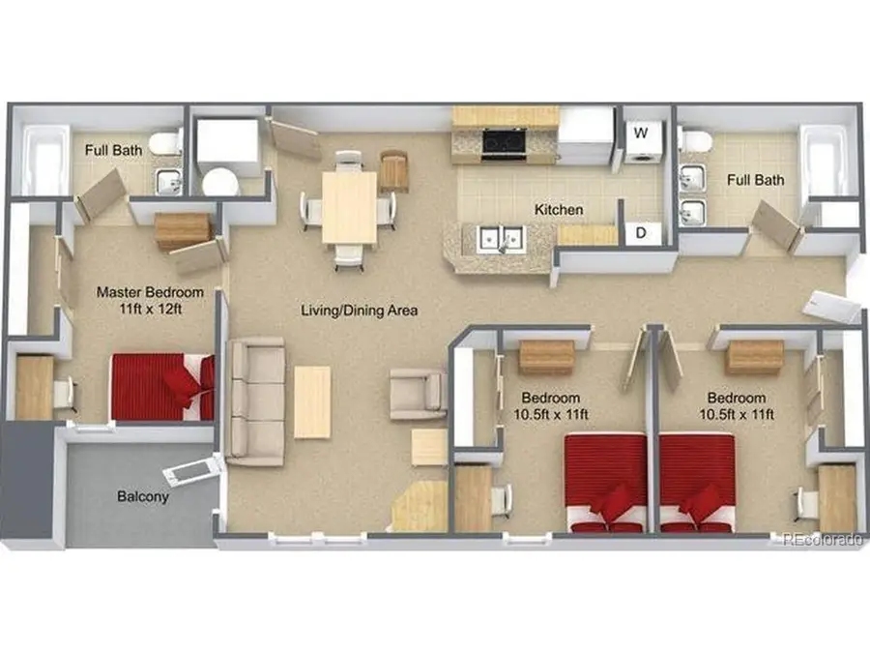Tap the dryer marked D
click(x=642, y=233)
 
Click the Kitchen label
click(x=559, y=210)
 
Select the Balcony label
click(x=143, y=496)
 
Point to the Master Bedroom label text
click(x=150, y=300)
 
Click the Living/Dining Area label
click(x=359, y=311)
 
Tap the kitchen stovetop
click(x=504, y=144)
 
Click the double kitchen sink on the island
click(x=502, y=239)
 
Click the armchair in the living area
click(x=419, y=394)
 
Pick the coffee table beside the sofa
click(x=312, y=402)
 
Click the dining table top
click(x=350, y=208)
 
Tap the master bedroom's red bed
click(x=162, y=386)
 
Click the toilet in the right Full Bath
click(x=696, y=140)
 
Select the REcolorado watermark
click(x=824, y=539)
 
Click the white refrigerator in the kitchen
click(x=586, y=136)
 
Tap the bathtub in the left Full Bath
click(x=45, y=160)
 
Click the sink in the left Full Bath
click(x=168, y=182)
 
